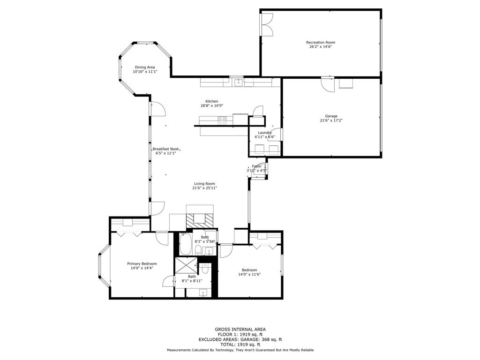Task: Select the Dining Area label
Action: [145, 67]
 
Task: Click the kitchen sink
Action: [238, 82]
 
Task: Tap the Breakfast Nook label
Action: [165, 149]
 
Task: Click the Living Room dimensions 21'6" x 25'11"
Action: [204, 188]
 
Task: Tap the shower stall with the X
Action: [186, 266]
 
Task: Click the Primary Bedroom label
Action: [142, 263]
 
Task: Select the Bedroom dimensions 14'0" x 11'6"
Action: [249, 274]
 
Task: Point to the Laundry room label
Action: [265, 133]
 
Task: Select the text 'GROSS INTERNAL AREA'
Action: [240, 329]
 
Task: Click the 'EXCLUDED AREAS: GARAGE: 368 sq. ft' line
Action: [240, 339]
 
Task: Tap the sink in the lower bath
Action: [203, 293]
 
